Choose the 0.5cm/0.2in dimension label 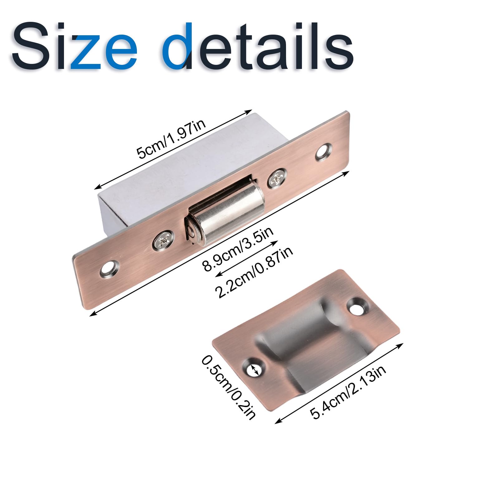point(229,387)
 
